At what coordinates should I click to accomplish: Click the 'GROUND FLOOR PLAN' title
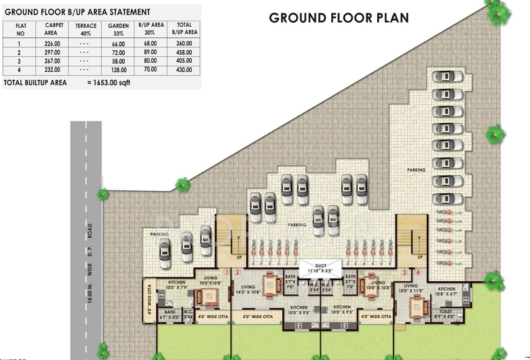click(338, 18)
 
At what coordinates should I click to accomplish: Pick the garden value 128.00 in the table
click(118, 70)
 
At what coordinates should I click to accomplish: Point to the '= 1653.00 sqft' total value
click(109, 83)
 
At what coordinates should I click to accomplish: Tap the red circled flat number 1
click(226, 271)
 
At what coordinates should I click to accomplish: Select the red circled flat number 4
click(418, 271)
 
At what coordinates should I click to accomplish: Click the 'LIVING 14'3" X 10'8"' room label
click(248, 290)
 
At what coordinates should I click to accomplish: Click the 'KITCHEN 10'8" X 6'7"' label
click(446, 291)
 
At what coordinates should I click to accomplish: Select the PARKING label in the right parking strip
click(416, 170)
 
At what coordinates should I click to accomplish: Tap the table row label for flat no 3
click(20, 61)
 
